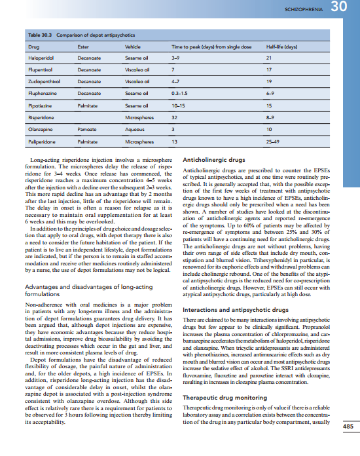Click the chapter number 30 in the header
(x=342, y=8)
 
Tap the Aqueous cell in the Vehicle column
(x=134, y=129)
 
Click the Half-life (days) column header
(x=282, y=47)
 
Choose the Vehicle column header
(x=133, y=47)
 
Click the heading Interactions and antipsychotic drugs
(x=235, y=309)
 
